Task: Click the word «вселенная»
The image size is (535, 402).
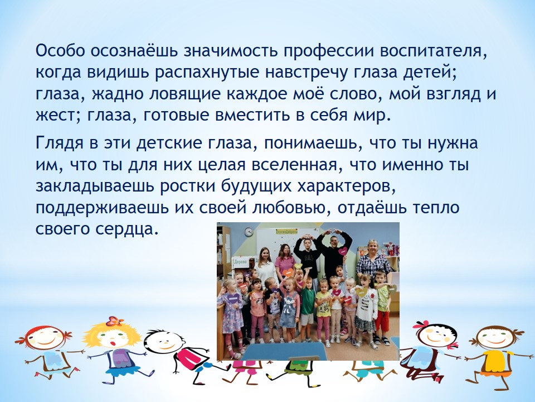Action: pos(294,165)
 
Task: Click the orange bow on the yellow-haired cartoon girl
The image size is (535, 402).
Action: pos(115,321)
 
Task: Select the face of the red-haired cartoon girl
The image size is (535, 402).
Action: pos(45,338)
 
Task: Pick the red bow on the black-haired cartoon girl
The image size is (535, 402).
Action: pos(422,324)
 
